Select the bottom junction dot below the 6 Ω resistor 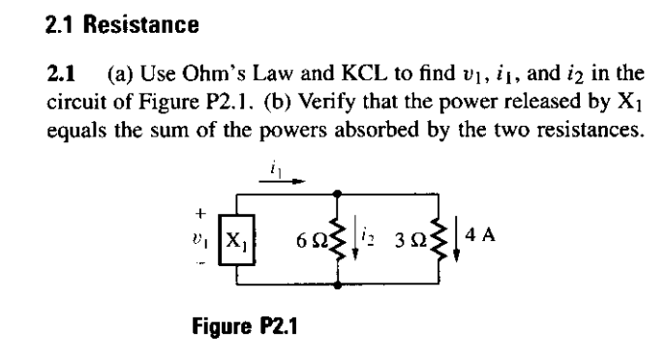point(337,286)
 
